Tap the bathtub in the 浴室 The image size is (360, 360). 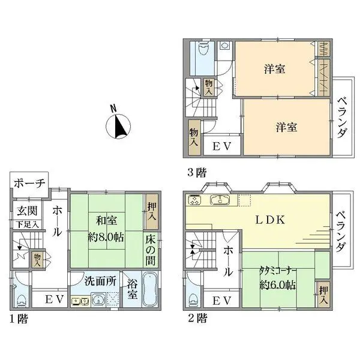pos(150,293)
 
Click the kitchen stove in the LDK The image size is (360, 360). pos(196,200)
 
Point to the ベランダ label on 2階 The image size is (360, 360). pos(340,232)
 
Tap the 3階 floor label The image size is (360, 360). pos(196,173)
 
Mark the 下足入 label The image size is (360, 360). pos(27,224)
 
